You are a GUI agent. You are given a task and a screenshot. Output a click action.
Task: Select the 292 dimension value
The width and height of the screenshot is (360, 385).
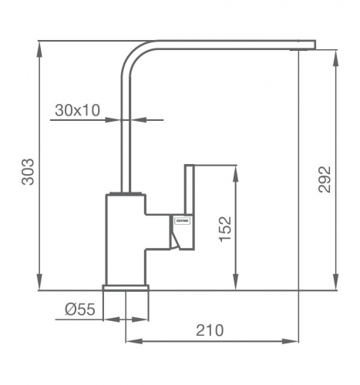[x=325, y=179]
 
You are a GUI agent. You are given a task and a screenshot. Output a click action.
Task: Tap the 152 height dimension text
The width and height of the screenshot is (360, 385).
[x=225, y=229]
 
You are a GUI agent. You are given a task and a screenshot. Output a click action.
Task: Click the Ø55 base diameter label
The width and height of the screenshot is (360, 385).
[x=79, y=310]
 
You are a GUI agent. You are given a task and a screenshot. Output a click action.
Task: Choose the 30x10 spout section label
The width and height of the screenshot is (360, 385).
[x=77, y=110]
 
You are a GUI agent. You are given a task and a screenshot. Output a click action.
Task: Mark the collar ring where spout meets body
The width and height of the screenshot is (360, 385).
[x=125, y=191]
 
